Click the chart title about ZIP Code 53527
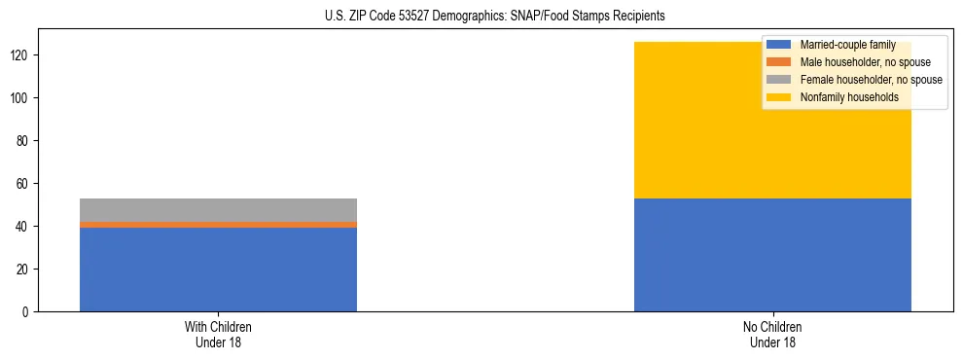click(481, 17)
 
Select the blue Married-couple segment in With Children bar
click(218, 270)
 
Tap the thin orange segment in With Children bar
click(218, 225)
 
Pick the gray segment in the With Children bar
click(218, 209)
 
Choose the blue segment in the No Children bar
click(772, 255)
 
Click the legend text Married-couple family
click(847, 45)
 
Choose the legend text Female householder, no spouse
click(871, 80)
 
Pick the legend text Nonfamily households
click(849, 97)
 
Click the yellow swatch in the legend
click(779, 97)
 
